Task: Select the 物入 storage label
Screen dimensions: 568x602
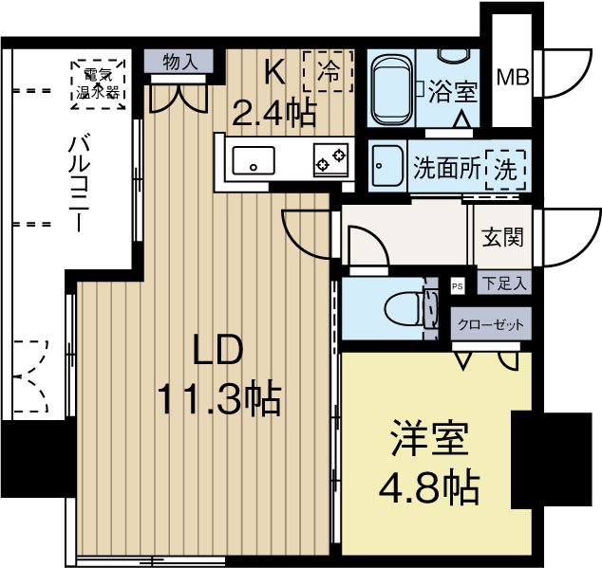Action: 180,63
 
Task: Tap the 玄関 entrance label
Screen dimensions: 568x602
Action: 500,237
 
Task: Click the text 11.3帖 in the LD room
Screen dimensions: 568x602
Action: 218,399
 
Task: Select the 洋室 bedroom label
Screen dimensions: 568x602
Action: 428,442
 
